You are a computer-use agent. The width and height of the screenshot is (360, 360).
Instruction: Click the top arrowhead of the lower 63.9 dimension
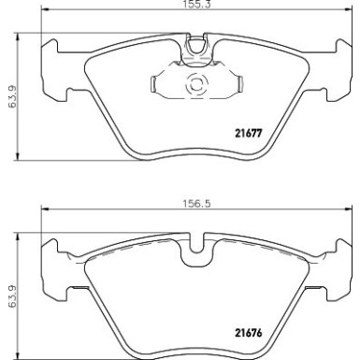coord(21,237)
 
